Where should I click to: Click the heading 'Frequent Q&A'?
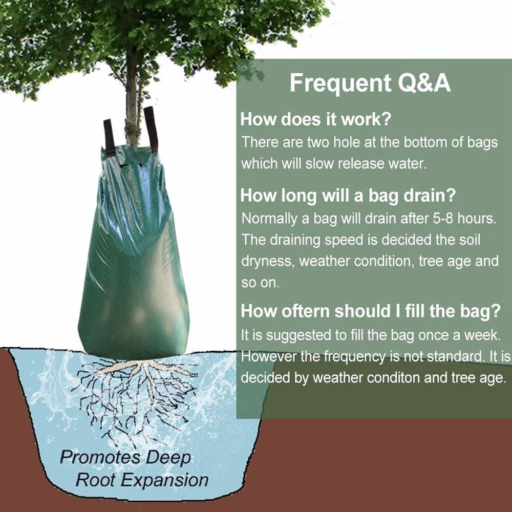(370, 83)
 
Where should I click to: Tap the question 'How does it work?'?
(315, 119)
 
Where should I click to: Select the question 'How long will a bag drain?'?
(348, 195)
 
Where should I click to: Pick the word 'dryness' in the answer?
(268, 262)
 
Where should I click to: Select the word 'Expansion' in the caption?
(166, 480)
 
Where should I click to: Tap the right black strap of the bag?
(151, 128)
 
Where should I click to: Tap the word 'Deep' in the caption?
(168, 458)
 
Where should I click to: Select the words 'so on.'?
(260, 283)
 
